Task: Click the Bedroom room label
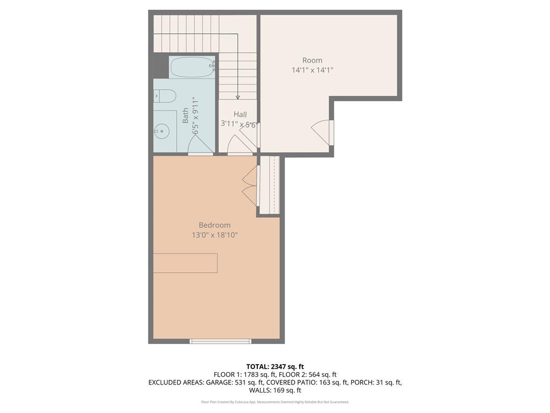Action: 214,225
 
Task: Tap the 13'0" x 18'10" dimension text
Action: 214,235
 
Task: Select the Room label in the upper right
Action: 312,60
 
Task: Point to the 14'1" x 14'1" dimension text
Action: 312,70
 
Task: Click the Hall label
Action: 240,115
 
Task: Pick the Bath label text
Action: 185,116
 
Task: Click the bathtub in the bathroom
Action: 192,68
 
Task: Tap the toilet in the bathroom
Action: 165,96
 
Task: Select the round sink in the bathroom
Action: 161,130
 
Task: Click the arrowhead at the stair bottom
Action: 237,97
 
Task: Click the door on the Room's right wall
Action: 323,132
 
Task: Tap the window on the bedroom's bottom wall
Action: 220,341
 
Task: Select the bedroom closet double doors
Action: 250,186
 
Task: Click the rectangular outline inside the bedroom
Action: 185,263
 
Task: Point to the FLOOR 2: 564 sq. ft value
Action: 312,375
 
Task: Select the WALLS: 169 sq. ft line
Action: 274,391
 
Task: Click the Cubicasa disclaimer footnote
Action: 274,402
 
